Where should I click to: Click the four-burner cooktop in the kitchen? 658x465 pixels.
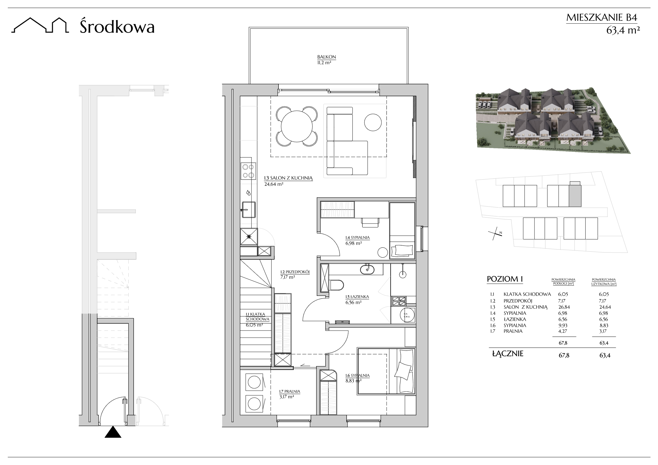click(248, 171)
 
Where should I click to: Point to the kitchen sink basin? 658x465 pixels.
click(249, 209)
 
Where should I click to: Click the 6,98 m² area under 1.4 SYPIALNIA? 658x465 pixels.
click(354, 243)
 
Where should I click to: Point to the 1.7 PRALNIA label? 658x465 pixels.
click(290, 391)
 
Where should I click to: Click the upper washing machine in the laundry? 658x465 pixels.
click(254, 382)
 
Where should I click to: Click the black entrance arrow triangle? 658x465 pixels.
click(113, 432)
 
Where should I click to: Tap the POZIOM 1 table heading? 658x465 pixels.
click(505, 279)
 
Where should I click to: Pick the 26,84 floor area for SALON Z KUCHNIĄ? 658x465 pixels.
click(563, 307)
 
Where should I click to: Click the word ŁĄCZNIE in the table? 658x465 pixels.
click(508, 354)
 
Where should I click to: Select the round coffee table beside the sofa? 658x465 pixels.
click(373, 122)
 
